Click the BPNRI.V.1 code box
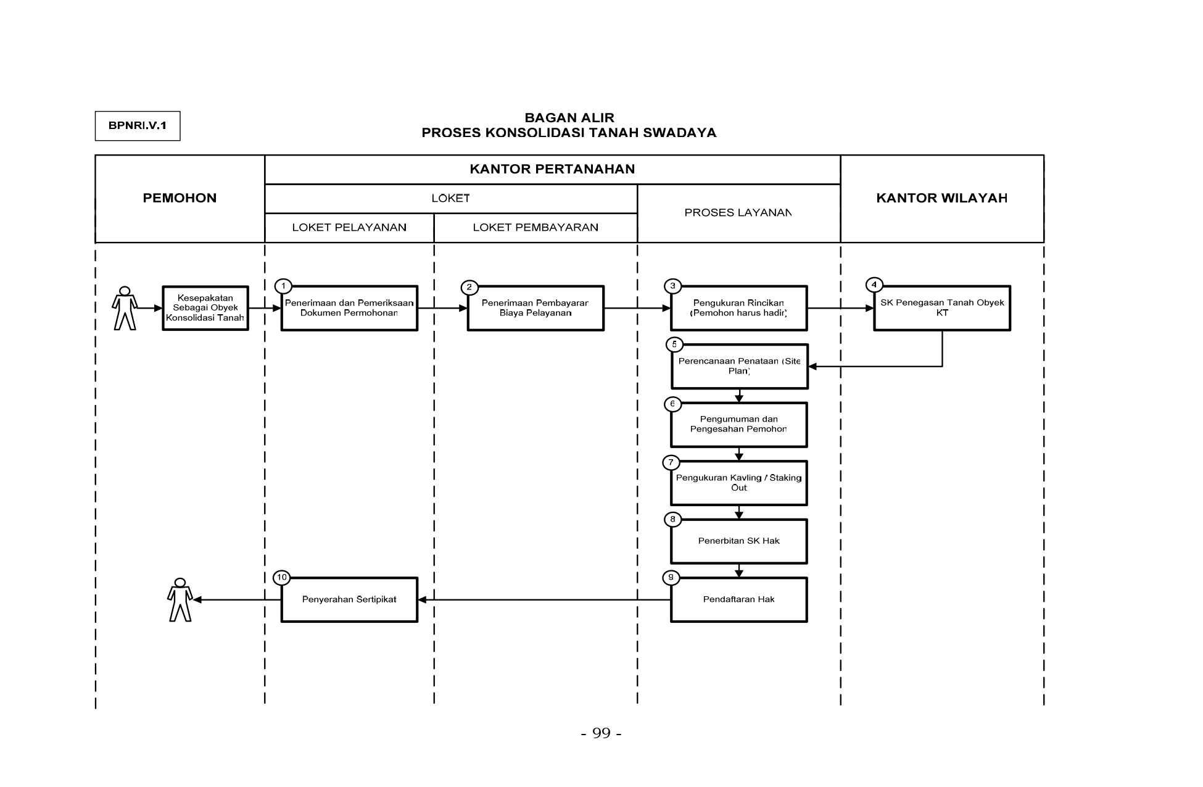point(138,126)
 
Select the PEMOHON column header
point(180,198)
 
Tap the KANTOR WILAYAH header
point(941,198)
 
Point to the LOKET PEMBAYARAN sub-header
point(535,227)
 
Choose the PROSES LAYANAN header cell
point(738,213)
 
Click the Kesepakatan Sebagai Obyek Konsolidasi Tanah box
point(205,308)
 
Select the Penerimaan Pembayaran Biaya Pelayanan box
point(535,308)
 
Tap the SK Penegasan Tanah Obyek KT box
point(942,308)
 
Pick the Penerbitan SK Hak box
point(739,541)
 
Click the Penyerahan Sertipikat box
point(350,599)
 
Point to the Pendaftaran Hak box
point(739,599)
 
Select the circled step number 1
point(283,286)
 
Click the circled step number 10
point(282,578)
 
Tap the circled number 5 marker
point(674,344)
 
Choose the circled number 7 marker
point(671,462)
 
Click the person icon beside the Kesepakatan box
point(125,308)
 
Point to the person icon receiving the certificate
point(180,599)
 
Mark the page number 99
point(601,733)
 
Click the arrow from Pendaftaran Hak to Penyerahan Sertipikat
point(544,599)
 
